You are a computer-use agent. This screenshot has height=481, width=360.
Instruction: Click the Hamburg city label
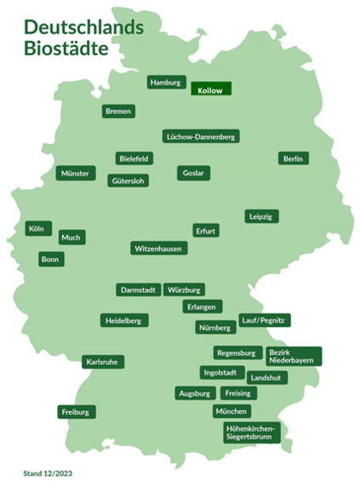click(165, 83)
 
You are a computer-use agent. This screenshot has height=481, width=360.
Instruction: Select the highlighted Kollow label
click(209, 89)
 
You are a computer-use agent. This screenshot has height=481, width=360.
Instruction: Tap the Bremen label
click(118, 112)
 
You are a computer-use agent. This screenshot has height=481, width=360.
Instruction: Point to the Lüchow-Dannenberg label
click(201, 136)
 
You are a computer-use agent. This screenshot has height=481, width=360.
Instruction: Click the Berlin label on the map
click(293, 158)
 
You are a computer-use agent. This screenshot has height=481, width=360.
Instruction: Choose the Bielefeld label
click(134, 158)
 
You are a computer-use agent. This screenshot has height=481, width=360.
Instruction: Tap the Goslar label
click(192, 173)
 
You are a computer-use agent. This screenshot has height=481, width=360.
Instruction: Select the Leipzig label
click(260, 216)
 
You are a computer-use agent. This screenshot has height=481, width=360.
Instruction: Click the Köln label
click(36, 229)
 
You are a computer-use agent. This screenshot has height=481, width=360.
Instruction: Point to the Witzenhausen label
click(158, 249)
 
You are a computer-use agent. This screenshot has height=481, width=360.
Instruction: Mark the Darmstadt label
click(137, 290)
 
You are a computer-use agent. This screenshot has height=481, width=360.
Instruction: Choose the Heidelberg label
click(124, 321)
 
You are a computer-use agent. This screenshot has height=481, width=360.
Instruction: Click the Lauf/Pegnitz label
click(266, 320)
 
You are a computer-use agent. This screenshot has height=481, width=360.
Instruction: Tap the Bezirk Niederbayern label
click(292, 357)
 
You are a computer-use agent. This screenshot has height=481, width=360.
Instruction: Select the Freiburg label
click(76, 412)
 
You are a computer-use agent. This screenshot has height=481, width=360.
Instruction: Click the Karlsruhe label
click(103, 362)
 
